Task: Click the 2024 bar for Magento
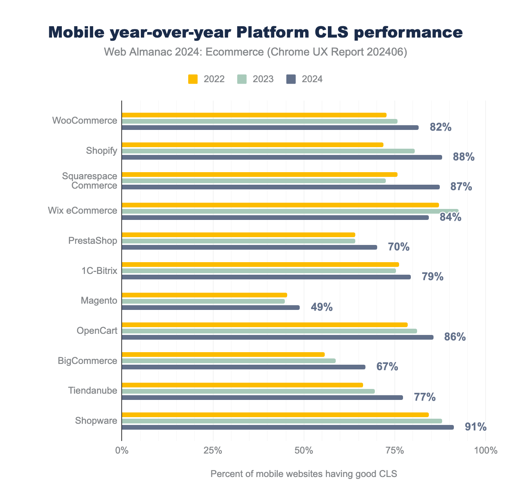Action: [x=211, y=308]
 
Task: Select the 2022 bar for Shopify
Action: [x=252, y=145]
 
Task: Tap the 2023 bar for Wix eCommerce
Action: [x=290, y=211]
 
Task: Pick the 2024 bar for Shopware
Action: [x=288, y=427]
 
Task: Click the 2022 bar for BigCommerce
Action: [x=223, y=355]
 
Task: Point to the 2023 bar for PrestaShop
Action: [x=238, y=241]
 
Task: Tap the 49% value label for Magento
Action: [x=322, y=307]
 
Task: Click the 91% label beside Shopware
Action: [x=475, y=427]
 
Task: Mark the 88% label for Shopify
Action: [x=464, y=157]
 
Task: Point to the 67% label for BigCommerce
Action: [x=387, y=367]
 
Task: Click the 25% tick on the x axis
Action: [x=213, y=450]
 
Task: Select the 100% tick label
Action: [x=485, y=450]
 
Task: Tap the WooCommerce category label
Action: [x=85, y=121]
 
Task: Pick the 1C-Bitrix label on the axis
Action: [x=99, y=270]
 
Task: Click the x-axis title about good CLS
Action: [x=304, y=474]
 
